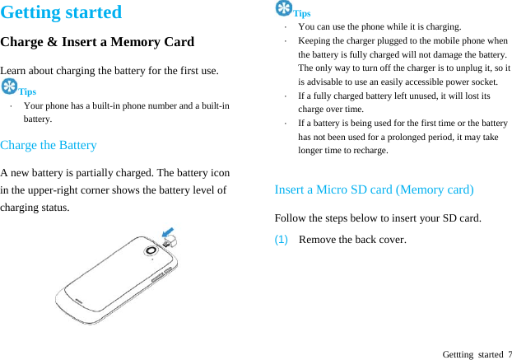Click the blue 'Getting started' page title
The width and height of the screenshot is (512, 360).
pyautogui.click(x=61, y=12)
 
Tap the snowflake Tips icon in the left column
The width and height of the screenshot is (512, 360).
pyautogui.click(x=9, y=87)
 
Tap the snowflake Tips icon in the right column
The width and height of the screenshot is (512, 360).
pyautogui.click(x=284, y=8)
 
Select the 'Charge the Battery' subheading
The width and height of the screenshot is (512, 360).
pyautogui.click(x=49, y=145)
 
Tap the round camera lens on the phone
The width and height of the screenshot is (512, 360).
pyautogui.click(x=151, y=250)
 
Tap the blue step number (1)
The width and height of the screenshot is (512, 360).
pyautogui.click(x=282, y=240)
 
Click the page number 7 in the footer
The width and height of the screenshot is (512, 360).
pyautogui.click(x=509, y=354)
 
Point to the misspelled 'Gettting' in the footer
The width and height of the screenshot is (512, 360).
pyautogui.click(x=458, y=354)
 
